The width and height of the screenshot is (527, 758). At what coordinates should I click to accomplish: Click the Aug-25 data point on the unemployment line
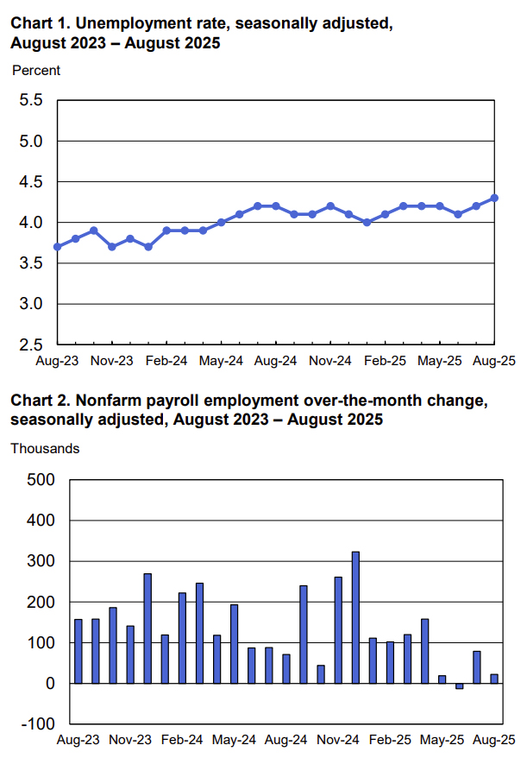[494, 198]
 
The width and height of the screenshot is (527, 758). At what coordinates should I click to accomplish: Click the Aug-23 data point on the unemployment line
[58, 247]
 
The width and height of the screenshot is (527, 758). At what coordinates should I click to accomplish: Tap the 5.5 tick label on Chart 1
[31, 100]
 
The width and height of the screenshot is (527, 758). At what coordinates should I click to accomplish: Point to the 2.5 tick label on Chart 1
[31, 345]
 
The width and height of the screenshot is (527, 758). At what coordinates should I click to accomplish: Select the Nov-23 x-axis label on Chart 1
[112, 362]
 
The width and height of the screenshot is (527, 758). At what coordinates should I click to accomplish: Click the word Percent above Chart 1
[36, 71]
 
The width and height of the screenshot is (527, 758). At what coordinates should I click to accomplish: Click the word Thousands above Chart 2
[45, 449]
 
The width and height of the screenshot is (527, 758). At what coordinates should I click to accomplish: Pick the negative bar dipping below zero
[459, 686]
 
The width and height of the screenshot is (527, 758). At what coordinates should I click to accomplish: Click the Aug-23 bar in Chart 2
[78, 651]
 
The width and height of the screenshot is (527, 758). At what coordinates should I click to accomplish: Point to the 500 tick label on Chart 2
[39, 480]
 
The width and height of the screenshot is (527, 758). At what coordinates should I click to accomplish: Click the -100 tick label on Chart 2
[37, 724]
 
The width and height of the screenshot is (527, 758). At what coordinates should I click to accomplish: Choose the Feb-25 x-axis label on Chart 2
[390, 741]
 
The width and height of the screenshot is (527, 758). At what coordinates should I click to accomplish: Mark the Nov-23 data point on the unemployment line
[112, 247]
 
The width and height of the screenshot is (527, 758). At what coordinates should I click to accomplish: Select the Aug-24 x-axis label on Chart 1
[276, 362]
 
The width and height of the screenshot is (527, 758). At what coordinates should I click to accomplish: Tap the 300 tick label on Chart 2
[39, 561]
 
